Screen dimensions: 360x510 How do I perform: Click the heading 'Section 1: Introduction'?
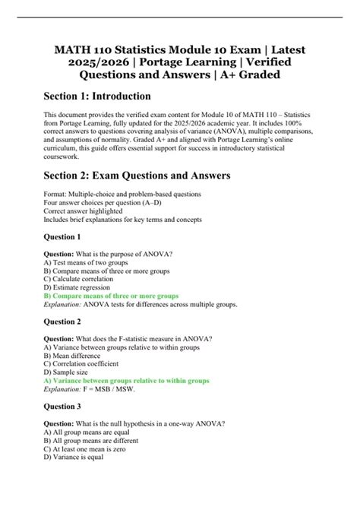click(112, 97)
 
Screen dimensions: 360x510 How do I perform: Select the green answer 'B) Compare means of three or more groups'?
click(112, 296)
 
